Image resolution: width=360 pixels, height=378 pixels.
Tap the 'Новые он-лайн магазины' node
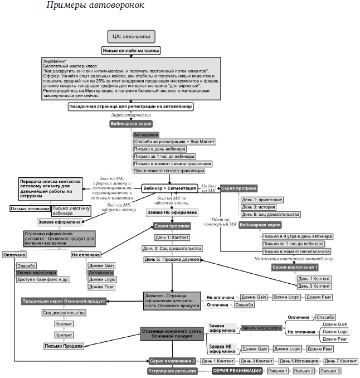pyautogui.click(x=132, y=51)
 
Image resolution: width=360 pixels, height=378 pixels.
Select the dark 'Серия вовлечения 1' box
pyautogui.click(x=295, y=268)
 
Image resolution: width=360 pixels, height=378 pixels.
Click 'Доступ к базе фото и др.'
pyautogui.click(x=42, y=280)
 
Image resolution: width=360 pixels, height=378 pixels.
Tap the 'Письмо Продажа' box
pyautogui.click(x=63, y=346)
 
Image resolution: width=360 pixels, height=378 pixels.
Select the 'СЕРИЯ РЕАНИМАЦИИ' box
pyautogui.click(x=236, y=371)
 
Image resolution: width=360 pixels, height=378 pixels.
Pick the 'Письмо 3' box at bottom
pyautogui.click(x=330, y=371)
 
